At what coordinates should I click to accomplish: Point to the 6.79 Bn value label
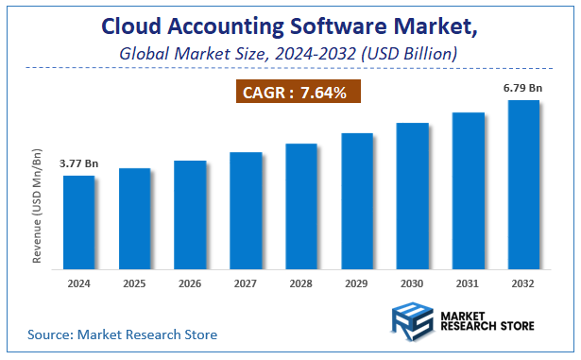[523, 88]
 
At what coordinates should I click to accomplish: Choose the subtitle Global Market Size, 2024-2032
[289, 54]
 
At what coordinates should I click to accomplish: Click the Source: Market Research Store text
[122, 334]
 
